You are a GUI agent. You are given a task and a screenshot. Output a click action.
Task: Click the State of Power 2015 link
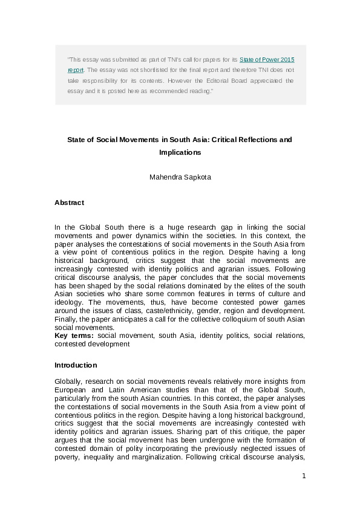[x=267, y=60]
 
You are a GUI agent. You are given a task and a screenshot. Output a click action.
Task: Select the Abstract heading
[x=69, y=203]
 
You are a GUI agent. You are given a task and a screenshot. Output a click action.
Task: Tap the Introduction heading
[x=76, y=365]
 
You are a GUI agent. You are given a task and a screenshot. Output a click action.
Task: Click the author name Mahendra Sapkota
[x=180, y=178]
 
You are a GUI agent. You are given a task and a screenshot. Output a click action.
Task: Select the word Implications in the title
[x=180, y=152]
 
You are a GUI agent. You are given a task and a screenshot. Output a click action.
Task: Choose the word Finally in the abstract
[x=65, y=320]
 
